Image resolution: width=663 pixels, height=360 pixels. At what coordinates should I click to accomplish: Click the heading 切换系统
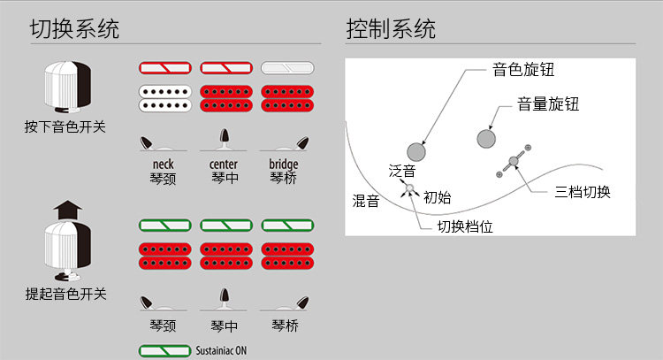tap(74, 28)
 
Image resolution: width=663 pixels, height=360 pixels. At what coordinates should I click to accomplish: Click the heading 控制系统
tap(391, 28)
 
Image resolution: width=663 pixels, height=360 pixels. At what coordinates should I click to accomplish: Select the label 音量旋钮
tap(548, 104)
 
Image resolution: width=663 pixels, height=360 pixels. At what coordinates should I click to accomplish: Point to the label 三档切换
tap(583, 192)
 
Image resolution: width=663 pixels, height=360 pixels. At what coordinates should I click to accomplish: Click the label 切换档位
tap(465, 226)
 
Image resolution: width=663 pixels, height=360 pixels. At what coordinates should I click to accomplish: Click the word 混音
tap(365, 201)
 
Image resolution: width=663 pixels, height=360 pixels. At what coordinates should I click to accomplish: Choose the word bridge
tap(284, 165)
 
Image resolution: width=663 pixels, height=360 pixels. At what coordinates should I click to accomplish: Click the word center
tap(223, 165)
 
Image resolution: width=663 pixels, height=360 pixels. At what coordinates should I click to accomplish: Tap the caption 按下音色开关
tap(65, 126)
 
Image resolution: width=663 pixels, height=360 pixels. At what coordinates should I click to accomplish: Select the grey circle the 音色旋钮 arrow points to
tap(416, 150)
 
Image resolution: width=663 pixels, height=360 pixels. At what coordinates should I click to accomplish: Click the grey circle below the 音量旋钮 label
tap(485, 139)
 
